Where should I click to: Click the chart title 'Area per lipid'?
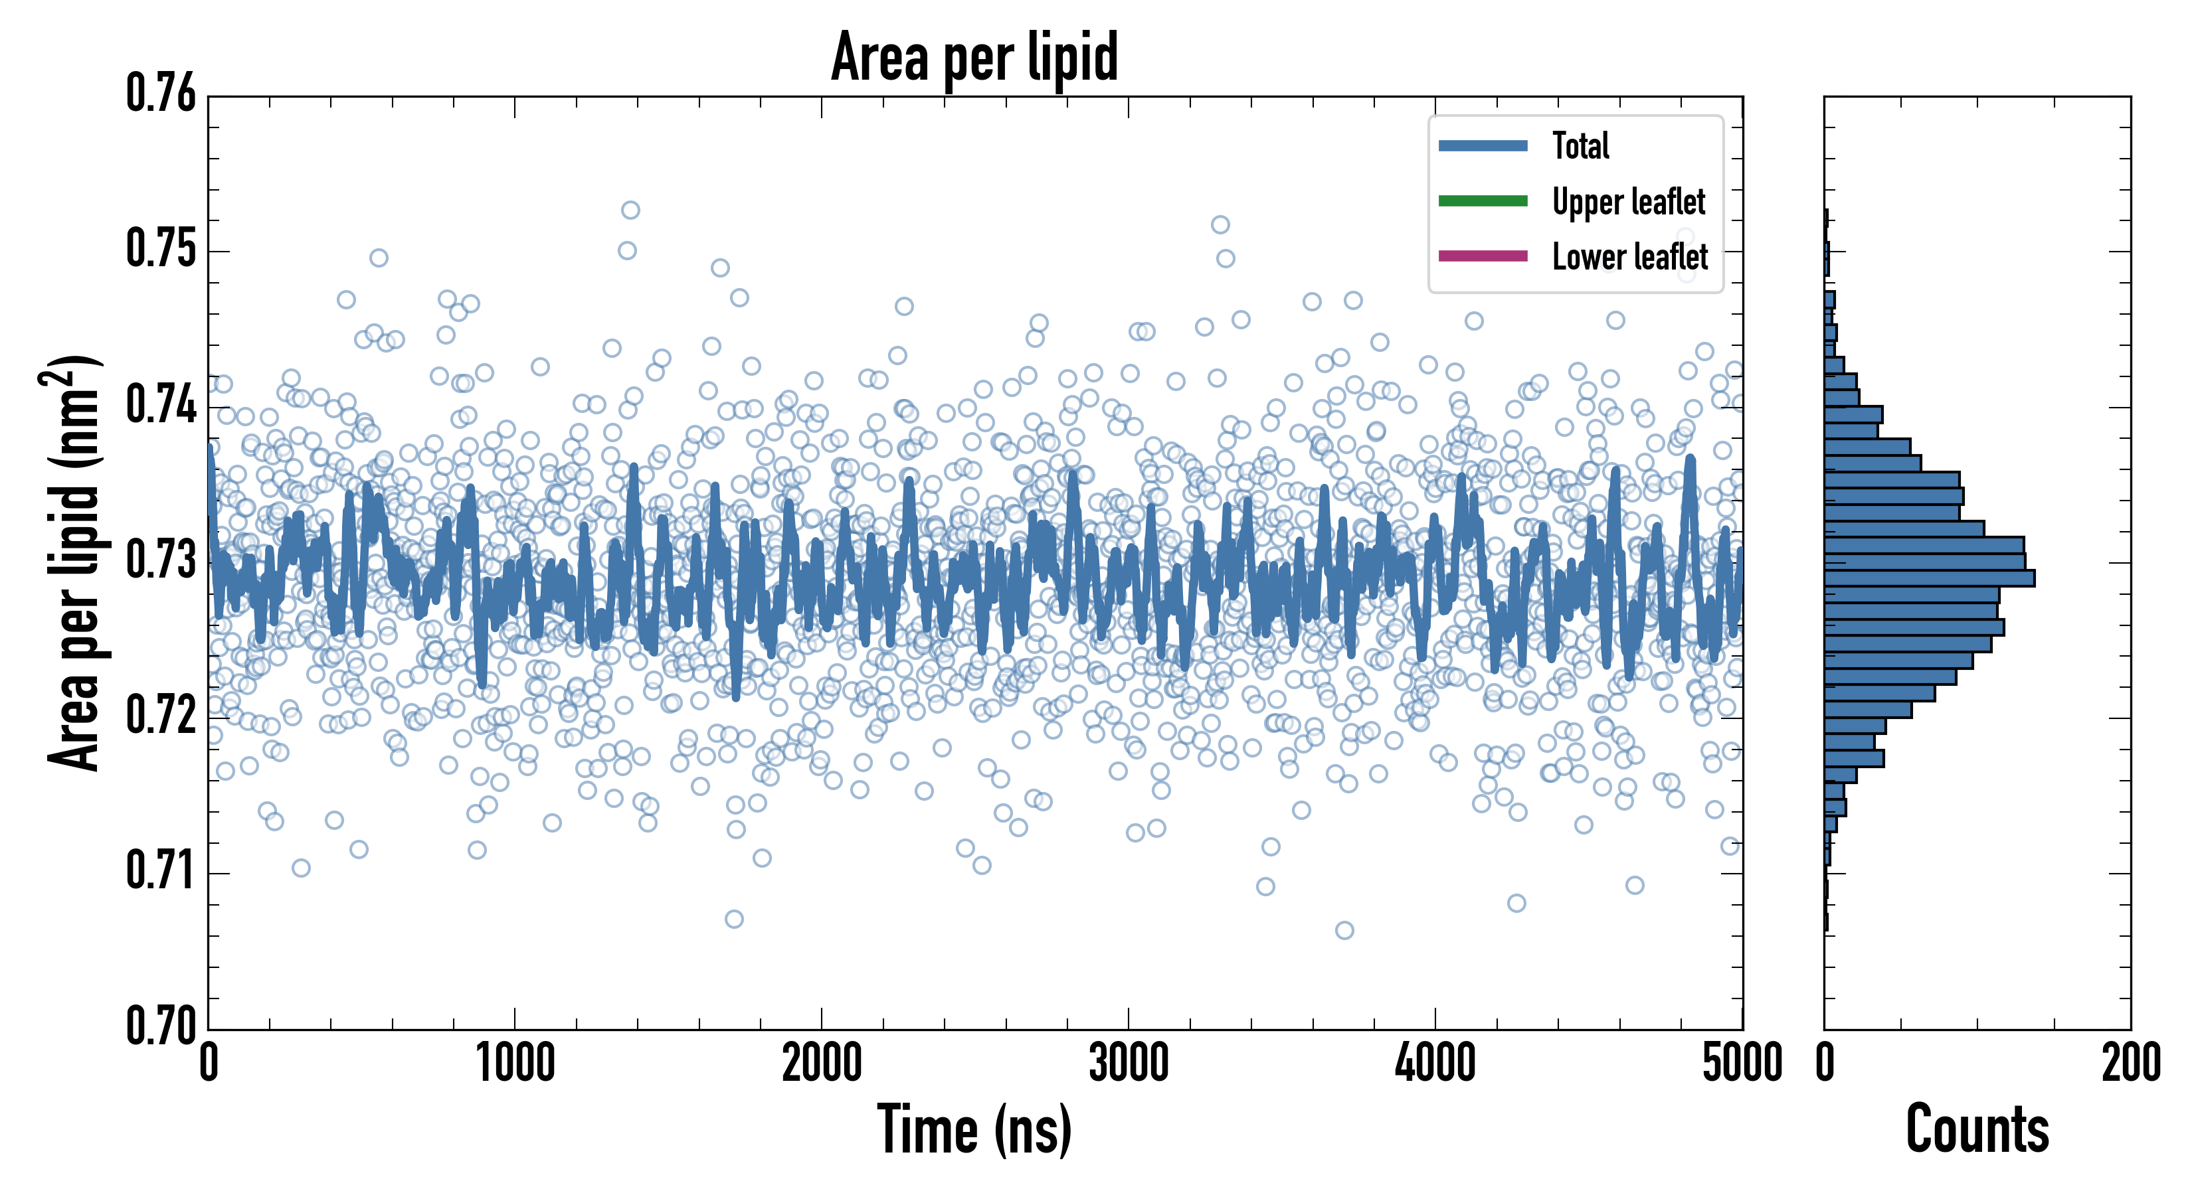(x=974, y=57)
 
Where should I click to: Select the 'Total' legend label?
(x=1580, y=146)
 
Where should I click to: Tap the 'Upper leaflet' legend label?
(x=1628, y=202)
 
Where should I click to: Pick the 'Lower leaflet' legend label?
(x=1629, y=257)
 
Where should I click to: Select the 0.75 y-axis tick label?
(x=161, y=249)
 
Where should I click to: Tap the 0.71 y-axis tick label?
(x=161, y=871)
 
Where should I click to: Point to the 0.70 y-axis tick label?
(x=161, y=1026)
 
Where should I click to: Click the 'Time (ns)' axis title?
(x=974, y=1129)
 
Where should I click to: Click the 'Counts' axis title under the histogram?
(x=1977, y=1129)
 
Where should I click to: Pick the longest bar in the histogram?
(x=1929, y=578)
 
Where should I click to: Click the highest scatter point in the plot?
(x=630, y=210)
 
